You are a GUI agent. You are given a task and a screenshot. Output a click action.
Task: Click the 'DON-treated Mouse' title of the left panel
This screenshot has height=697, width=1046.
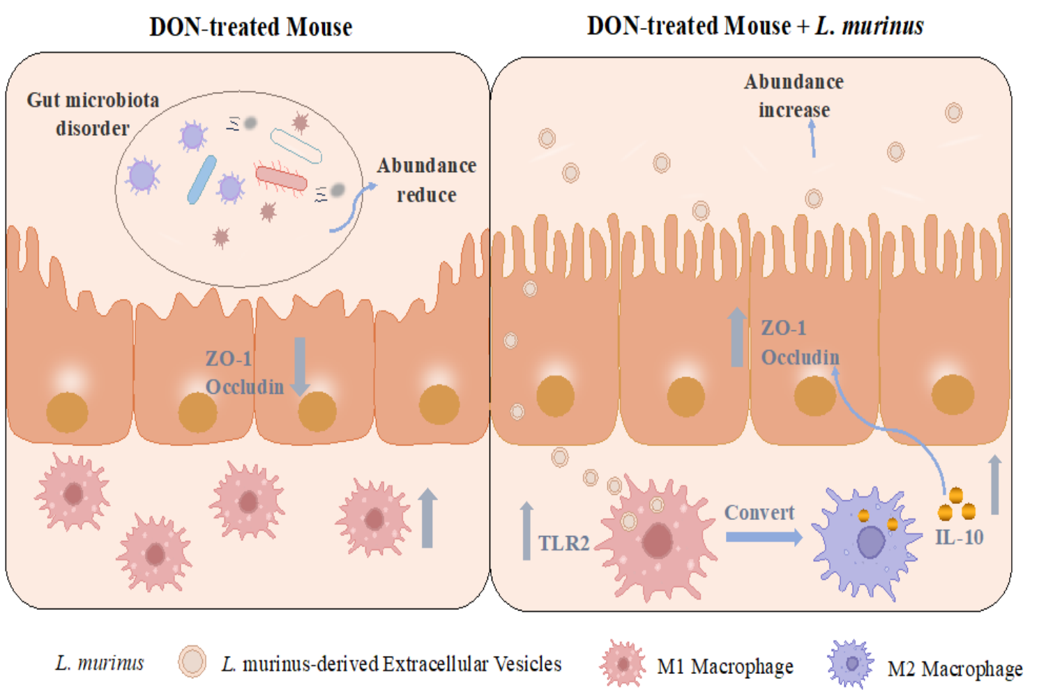coord(250,27)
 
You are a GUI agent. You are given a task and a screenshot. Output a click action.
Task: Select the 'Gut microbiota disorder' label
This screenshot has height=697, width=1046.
coord(93,114)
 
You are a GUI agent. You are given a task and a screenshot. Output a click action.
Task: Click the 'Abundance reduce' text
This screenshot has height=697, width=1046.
coord(427,180)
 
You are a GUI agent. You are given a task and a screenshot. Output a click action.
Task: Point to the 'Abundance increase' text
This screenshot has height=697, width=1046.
coord(794,95)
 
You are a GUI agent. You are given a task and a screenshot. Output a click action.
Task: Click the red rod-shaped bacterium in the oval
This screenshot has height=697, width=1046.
coord(281,178)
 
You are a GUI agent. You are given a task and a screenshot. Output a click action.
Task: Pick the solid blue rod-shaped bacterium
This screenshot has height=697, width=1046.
coord(202,180)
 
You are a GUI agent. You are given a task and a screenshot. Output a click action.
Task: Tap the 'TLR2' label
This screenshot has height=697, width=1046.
coord(563,543)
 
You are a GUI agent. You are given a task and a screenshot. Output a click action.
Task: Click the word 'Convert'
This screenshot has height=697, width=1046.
coord(759,512)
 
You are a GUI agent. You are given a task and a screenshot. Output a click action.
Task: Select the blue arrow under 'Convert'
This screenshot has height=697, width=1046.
coord(764,537)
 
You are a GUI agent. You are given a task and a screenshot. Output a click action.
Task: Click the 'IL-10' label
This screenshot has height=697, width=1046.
coord(959,537)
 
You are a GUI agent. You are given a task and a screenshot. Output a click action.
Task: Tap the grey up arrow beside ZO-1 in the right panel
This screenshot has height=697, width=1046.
coord(736,337)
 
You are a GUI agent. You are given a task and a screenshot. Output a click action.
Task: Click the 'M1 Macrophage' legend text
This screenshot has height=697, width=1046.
coord(725,667)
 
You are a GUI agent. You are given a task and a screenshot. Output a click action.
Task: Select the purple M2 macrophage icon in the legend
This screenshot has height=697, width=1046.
coord(851,664)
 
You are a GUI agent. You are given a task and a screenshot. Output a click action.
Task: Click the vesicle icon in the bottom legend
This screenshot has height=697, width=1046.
coord(192,661)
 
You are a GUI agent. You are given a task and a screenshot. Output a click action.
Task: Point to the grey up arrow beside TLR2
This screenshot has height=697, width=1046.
coord(526,530)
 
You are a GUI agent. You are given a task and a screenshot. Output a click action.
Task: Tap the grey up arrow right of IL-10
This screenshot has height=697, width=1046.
coord(995,484)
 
